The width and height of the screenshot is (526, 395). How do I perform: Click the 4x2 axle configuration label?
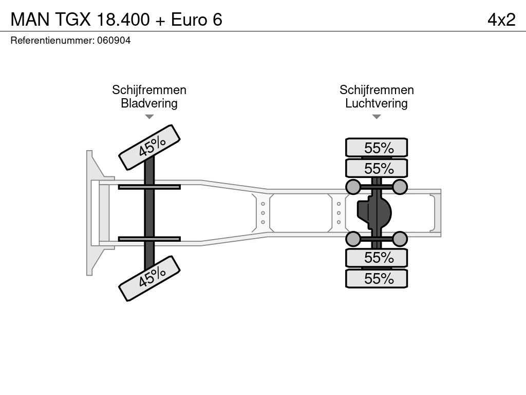(501, 20)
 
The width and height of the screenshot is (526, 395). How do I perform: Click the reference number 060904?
(114, 41)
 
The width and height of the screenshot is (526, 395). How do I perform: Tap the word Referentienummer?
(52, 41)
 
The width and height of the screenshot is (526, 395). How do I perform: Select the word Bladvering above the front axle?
(149, 103)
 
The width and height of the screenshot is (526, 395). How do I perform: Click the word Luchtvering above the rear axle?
(377, 103)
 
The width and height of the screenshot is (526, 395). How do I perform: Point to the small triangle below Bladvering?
(149, 117)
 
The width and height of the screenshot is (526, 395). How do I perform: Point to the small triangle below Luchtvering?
(377, 117)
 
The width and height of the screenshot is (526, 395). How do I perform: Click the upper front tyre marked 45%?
(149, 148)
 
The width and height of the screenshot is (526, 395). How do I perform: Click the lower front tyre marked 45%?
(149, 278)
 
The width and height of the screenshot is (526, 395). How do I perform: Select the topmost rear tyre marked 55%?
(377, 148)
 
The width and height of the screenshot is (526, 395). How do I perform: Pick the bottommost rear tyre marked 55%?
(377, 278)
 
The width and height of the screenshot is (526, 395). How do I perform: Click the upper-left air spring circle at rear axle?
(353, 187)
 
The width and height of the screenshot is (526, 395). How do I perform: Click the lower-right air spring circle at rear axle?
(400, 239)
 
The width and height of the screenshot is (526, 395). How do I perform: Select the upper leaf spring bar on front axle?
(149, 187)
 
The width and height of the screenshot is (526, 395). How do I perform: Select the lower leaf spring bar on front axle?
(149, 239)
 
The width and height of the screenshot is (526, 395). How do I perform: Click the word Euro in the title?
(189, 20)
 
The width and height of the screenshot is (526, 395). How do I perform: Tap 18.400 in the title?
(123, 20)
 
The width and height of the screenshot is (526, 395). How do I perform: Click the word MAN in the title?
(30, 20)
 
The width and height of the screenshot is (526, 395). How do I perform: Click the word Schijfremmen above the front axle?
(149, 90)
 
